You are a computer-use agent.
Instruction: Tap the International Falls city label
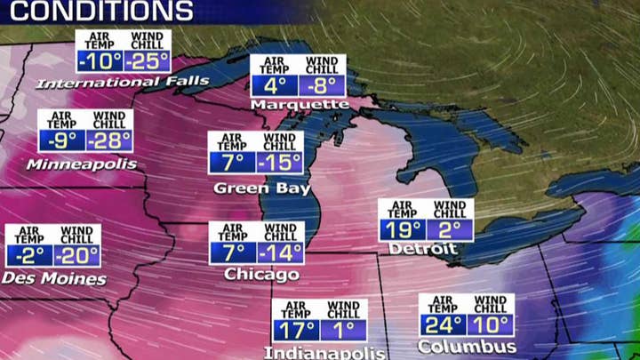point(123,83)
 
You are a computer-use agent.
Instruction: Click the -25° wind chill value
point(147,62)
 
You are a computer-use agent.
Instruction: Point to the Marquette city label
point(300,105)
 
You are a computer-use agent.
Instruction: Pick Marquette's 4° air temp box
point(275,86)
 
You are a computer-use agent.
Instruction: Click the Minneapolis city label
point(82,164)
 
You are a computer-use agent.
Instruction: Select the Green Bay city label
point(262,188)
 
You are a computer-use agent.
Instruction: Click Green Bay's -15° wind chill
point(280,164)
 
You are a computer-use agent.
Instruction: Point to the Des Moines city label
point(53,279)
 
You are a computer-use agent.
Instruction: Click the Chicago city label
point(261,275)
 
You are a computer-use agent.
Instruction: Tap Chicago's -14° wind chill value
point(280,252)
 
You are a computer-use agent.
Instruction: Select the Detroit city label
point(422,249)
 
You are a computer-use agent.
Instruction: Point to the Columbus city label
point(467,346)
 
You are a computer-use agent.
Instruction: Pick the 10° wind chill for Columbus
point(491,325)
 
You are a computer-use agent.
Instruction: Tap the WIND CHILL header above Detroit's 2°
point(450,210)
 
